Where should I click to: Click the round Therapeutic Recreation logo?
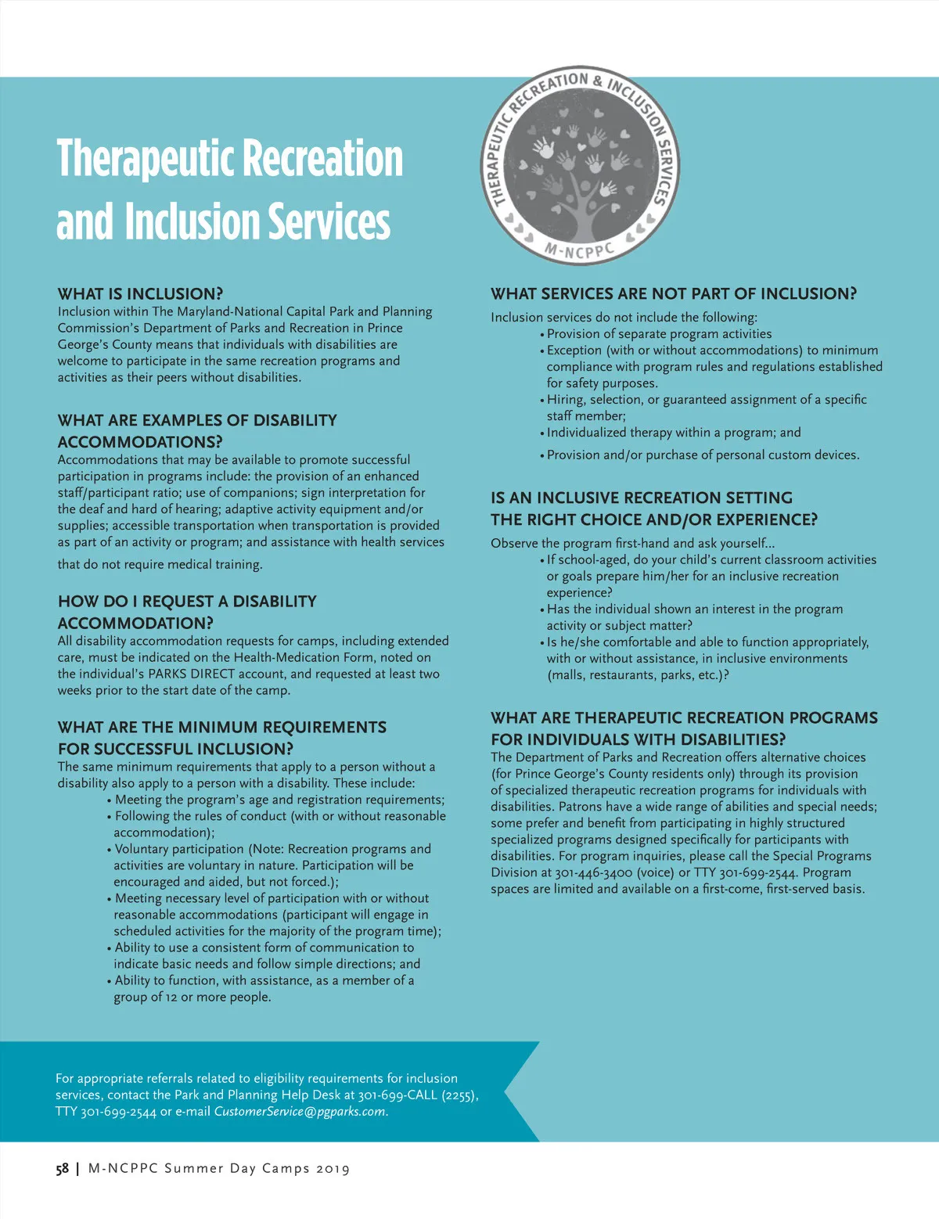(580, 165)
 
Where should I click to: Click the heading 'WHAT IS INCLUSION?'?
(140, 294)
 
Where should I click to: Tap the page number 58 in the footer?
(62, 1169)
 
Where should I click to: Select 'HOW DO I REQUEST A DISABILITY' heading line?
(187, 602)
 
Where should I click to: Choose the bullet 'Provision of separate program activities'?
(659, 334)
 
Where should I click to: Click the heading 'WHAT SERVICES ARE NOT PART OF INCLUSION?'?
(674, 294)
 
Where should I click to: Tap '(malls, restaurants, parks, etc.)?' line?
(638, 675)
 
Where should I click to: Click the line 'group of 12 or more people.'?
(192, 998)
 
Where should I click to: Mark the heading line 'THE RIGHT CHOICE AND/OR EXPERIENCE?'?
(654, 520)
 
